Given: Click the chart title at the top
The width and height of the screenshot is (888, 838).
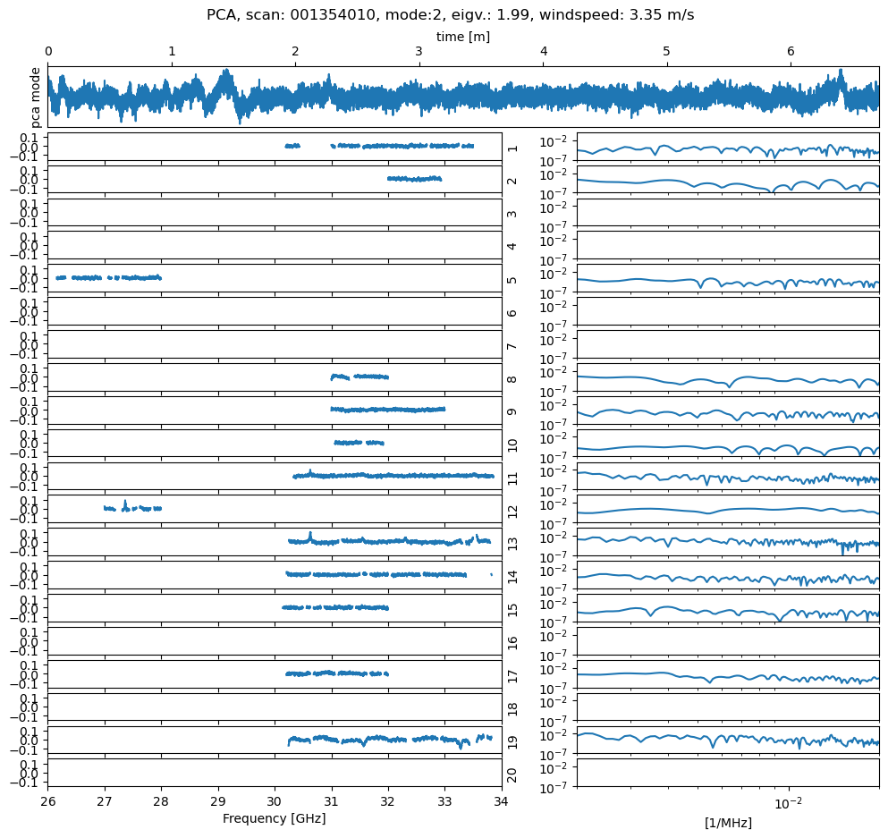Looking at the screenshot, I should click(450, 15).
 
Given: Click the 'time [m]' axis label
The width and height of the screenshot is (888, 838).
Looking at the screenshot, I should click(462, 37).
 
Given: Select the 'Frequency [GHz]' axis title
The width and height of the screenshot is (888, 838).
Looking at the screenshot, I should click(274, 818).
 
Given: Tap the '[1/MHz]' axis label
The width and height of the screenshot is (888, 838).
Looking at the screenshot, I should click(727, 823).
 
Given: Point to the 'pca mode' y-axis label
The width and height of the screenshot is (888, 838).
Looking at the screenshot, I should click(36, 97).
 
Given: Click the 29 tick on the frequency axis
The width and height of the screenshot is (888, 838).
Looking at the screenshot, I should click(218, 801).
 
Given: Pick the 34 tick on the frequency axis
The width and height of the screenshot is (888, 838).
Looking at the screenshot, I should click(502, 801).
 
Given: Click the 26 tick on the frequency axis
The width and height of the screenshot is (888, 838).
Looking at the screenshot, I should click(48, 801).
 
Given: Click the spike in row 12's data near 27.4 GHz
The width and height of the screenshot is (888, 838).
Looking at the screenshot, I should click(124, 502).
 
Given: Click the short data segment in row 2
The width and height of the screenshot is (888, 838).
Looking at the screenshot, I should click(414, 179).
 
